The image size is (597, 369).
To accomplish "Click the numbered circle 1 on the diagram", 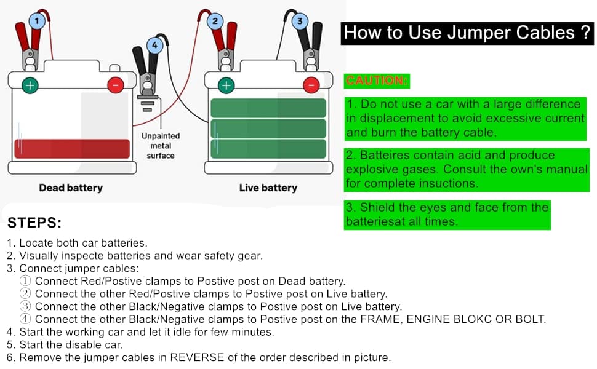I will point(37,22).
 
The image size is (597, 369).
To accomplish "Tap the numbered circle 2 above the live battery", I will point(214,22).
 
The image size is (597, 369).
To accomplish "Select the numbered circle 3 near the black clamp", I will point(300,21).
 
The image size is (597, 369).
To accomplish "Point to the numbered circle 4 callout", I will point(155,44).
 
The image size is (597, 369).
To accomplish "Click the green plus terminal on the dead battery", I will point(29,85).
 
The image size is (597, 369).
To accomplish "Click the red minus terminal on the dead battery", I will point(115,85).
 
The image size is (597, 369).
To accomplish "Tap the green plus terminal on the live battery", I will point(226,85).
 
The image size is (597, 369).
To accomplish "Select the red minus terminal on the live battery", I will point(312,85).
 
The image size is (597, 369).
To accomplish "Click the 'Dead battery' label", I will point(71,188).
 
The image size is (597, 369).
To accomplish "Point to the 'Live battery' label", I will point(268,188).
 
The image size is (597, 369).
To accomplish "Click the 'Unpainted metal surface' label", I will point(161,146).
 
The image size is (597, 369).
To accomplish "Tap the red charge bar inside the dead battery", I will point(72,149).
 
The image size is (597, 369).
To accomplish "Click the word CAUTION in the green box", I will point(377,81).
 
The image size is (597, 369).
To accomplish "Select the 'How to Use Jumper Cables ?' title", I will point(468,33).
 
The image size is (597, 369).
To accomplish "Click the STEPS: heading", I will point(34,223).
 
